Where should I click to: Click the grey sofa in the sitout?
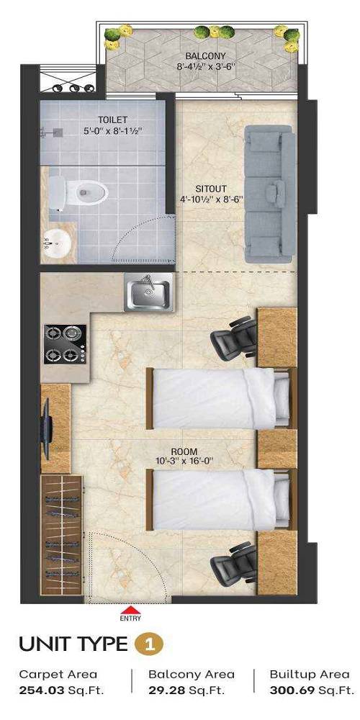tap(269, 194)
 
